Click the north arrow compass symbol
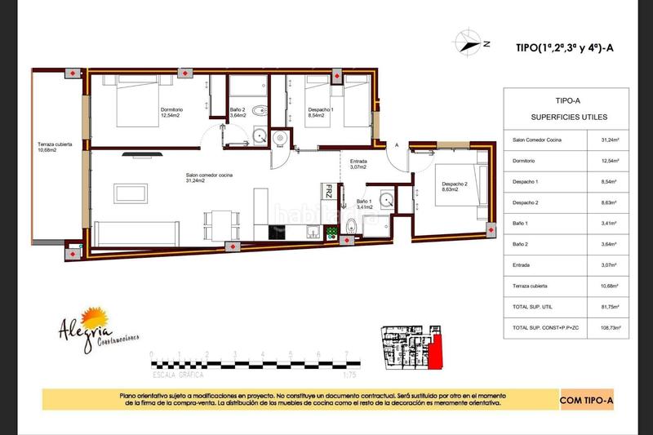pyautogui.click(x=470, y=42)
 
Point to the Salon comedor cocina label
pyautogui.click(x=209, y=177)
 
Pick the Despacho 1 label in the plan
pyautogui.click(x=321, y=113)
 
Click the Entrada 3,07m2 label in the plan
pyautogui.click(x=358, y=164)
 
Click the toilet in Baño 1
pyautogui.click(x=351, y=225)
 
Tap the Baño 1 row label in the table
pyautogui.click(x=515, y=223)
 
